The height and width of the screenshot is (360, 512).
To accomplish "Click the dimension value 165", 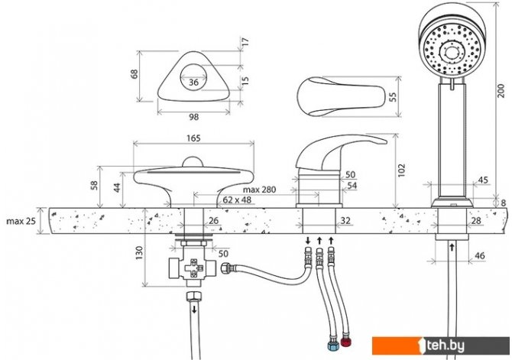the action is point(193,138).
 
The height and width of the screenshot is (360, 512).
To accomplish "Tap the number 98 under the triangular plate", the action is point(193,117).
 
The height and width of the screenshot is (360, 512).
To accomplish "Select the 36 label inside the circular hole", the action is point(193,82).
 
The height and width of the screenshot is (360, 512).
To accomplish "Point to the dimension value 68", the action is point(134,74).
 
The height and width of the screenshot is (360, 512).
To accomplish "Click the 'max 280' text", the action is point(259,190).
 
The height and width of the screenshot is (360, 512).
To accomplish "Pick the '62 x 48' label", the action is point(237,199).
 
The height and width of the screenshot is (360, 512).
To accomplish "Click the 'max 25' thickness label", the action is point(21,221).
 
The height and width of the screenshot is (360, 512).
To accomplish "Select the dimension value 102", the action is point(401,170).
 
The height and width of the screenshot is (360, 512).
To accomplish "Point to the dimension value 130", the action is point(139,253).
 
